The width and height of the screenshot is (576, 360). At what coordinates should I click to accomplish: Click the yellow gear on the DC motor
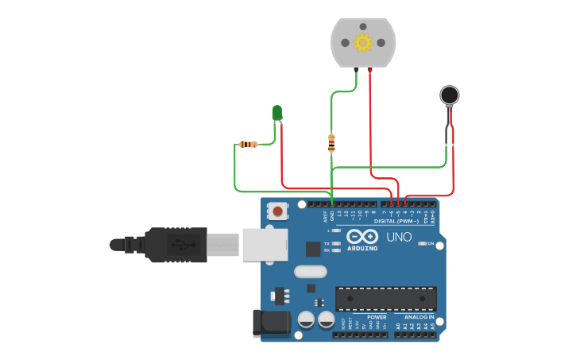(363, 42)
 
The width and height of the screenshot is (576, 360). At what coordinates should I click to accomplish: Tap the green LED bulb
(277, 113)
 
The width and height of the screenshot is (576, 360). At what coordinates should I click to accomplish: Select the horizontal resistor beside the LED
(248, 144)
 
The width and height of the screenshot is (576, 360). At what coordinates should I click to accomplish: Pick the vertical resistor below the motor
(331, 143)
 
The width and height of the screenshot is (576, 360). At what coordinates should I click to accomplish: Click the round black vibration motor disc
(450, 96)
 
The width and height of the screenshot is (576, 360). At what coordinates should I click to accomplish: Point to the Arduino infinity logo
(361, 237)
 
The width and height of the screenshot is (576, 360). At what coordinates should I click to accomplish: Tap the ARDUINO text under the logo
(361, 249)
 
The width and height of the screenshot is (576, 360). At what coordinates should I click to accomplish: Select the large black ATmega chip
(385, 298)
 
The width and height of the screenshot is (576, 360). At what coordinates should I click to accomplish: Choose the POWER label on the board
(377, 316)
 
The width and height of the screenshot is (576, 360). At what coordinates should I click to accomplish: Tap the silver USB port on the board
(264, 244)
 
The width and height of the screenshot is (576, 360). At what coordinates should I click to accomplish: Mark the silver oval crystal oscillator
(310, 272)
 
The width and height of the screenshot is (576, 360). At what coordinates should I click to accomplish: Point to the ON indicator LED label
(430, 244)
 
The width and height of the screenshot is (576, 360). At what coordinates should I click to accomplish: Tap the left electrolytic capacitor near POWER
(306, 319)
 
